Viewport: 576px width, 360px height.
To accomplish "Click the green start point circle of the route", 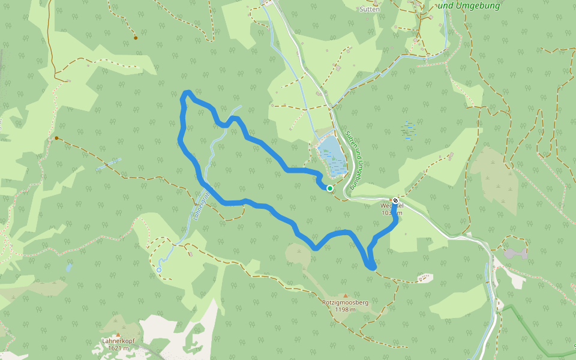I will click(x=329, y=188).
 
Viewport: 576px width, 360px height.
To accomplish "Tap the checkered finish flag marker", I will click(x=395, y=201).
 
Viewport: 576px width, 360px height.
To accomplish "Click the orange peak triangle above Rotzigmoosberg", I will click(x=345, y=295).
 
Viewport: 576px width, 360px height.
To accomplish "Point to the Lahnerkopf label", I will click(x=118, y=341).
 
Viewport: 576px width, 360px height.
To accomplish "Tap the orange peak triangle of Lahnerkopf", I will click(x=118, y=335).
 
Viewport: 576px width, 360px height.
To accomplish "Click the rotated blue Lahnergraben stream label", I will click(x=201, y=206).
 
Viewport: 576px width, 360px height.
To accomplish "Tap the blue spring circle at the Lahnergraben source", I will click(x=159, y=270).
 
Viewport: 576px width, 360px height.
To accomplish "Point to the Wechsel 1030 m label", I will click(x=391, y=209).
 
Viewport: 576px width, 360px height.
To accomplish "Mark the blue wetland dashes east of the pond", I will click(x=410, y=130).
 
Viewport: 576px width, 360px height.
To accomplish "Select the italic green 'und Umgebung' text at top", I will click(x=469, y=6).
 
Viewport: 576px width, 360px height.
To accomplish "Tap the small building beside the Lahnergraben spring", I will click(x=190, y=254).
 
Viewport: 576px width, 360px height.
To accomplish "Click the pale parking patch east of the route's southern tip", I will click(x=424, y=277).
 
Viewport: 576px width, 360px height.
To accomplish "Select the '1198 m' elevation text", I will click(x=346, y=310).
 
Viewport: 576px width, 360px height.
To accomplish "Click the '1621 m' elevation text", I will click(x=119, y=348).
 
